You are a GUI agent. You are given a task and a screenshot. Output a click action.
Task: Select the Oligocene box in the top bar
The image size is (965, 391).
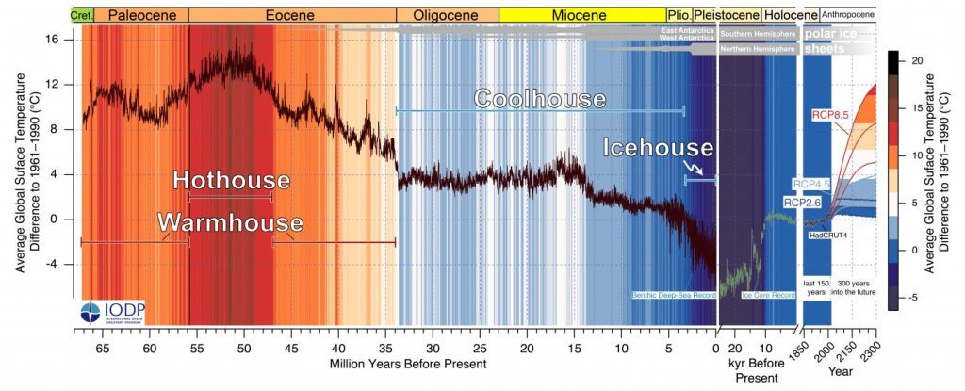point(448,15)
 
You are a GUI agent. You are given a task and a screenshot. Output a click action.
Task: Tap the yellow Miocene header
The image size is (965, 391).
point(581,15)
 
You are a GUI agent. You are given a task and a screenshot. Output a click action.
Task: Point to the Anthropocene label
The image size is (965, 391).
point(848,15)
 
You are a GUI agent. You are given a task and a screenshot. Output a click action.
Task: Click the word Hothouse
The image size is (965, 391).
point(231,180)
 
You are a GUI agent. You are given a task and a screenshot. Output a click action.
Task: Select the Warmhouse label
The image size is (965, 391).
point(230,223)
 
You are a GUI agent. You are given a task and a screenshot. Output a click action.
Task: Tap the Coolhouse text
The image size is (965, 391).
point(539,99)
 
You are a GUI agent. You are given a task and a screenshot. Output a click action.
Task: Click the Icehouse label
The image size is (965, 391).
point(658,148)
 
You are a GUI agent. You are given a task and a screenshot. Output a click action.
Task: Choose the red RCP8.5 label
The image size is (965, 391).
point(831,115)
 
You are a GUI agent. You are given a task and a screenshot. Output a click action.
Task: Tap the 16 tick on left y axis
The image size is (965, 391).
point(54,40)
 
